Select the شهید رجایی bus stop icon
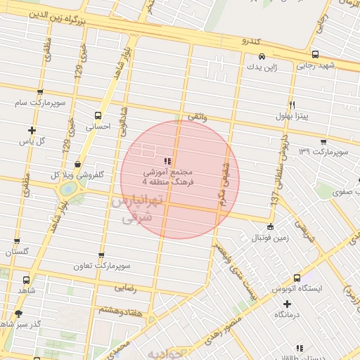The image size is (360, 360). coord(315,54)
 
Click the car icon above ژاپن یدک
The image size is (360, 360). coord(261,56)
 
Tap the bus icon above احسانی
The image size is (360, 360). coord(97,115)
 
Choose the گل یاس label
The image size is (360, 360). coord(32,141)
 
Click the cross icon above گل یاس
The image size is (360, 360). coord(32,130)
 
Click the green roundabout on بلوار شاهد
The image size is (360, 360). coord(69,188)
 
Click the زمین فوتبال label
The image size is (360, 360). coord(271,238)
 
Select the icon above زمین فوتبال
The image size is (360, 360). coord(271,226)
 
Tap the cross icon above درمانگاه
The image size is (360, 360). coord(286,304)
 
